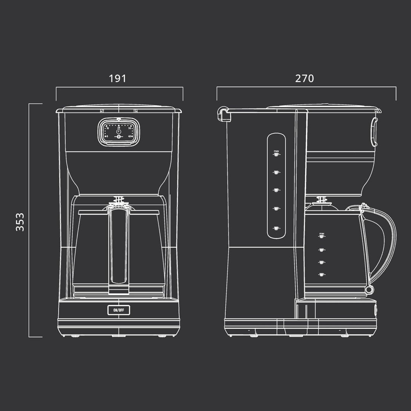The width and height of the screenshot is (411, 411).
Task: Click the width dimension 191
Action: point(117,79)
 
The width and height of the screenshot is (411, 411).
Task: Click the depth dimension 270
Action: point(304,79)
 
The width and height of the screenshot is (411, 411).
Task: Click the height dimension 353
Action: point(20,221)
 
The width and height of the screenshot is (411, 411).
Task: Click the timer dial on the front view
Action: point(119,131)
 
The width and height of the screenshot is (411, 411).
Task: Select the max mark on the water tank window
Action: point(276,154)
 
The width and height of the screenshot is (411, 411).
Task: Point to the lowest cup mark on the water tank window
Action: point(276,228)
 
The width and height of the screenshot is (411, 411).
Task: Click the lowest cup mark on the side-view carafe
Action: point(322,274)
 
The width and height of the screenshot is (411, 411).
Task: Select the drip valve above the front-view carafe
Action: point(119,200)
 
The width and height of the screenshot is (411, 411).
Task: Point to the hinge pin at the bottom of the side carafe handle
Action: point(369,290)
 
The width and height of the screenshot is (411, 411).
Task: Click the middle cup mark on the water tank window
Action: point(276,190)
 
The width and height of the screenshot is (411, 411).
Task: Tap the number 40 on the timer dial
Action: point(130,136)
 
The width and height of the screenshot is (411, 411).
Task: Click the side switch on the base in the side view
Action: point(376,310)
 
